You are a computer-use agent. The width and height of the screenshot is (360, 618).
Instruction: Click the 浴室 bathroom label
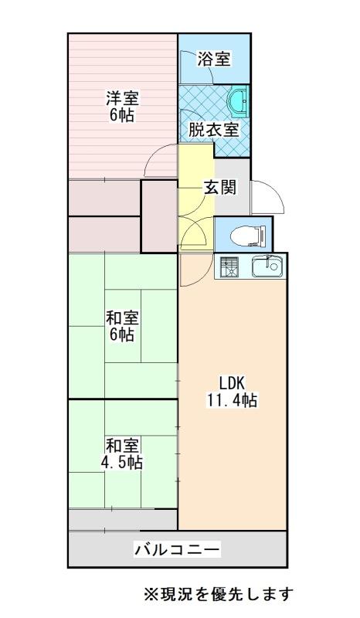coord(214,59)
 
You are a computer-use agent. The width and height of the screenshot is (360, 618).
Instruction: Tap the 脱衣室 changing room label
coord(213,130)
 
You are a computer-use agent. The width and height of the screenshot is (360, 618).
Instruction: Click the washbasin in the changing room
coord(238,102)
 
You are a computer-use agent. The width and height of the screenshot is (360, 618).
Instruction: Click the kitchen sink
coord(267,267)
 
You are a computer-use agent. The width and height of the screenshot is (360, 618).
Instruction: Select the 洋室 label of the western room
coord(122,99)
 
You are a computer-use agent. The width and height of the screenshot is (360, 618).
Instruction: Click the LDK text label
coord(233,382)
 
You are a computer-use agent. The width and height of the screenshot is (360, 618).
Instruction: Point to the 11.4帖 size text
coord(233,400)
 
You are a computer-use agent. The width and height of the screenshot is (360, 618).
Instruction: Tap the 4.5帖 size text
coord(122,462)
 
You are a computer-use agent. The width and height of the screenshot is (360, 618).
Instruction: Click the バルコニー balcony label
coord(178,549)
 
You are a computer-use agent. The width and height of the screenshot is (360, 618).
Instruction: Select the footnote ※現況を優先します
coord(219,593)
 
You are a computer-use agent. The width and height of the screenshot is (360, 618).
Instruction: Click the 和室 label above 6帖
coord(122,317)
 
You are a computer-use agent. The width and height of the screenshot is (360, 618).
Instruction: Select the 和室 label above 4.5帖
coord(122,446)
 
